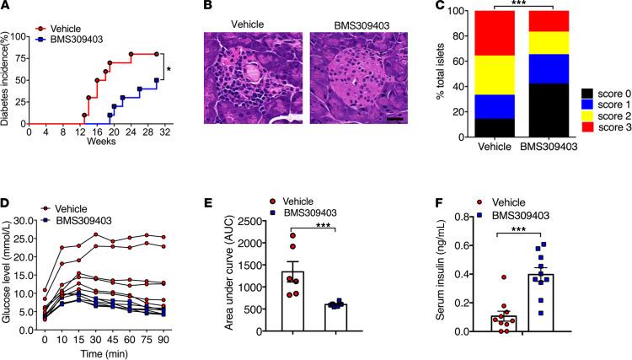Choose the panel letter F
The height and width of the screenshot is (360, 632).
click(x=429, y=191)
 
